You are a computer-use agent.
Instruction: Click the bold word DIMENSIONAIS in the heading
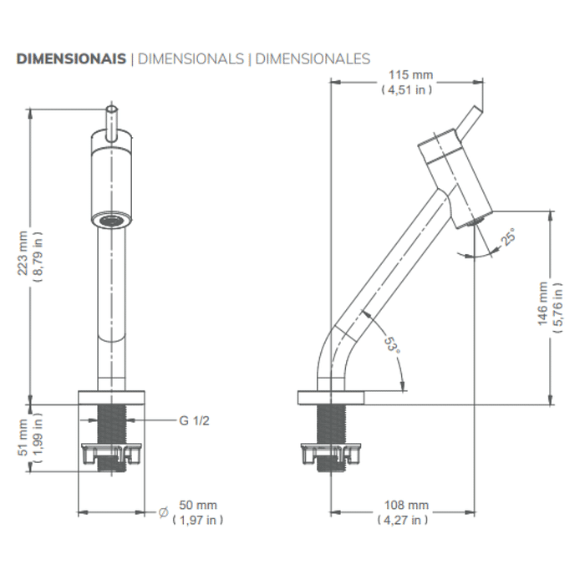click(x=71, y=58)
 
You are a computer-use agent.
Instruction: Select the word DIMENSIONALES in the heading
click(x=313, y=58)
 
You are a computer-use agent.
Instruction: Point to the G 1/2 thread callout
click(x=194, y=420)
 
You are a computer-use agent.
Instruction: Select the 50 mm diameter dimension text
click(x=198, y=506)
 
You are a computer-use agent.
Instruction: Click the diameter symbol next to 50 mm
click(x=163, y=511)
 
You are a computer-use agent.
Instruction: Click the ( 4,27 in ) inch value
click(x=404, y=520)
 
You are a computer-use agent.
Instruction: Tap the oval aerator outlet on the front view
click(x=111, y=220)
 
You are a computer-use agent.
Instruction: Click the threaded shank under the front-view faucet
click(x=111, y=425)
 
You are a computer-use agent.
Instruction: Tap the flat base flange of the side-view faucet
click(x=332, y=397)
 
